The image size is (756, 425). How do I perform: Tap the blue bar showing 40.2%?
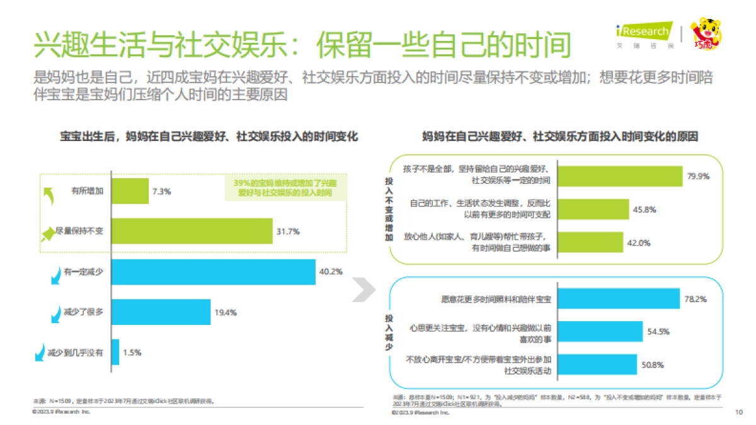[214, 272]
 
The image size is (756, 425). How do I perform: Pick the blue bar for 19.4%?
[161, 312]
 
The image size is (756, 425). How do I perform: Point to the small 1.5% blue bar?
[115, 352]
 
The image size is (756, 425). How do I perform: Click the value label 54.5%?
[659, 332]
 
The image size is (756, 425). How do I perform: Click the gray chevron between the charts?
[362, 288]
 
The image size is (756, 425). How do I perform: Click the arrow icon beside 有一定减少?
[53, 275]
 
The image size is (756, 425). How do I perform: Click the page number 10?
[738, 412]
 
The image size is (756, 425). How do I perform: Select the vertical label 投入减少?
[389, 329]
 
